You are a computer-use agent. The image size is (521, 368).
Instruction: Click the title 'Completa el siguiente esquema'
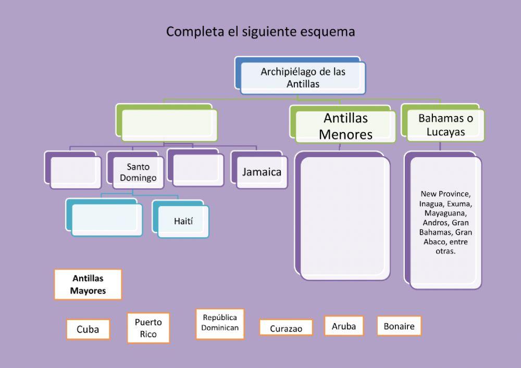(260, 32)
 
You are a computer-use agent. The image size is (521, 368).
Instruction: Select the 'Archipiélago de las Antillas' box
(303, 78)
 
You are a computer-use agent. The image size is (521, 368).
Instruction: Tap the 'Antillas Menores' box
(345, 126)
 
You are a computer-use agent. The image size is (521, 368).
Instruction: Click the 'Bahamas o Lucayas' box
(445, 125)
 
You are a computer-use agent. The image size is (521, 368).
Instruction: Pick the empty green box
(169, 125)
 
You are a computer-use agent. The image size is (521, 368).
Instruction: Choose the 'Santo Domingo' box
(138, 172)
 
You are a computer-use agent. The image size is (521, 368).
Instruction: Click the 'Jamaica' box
(262, 172)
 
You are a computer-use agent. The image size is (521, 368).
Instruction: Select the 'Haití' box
(183, 221)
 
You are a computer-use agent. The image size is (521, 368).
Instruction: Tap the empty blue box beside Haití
(106, 220)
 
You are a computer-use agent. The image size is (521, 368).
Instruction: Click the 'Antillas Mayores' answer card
(88, 284)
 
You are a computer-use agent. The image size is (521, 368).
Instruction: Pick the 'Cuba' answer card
(88, 329)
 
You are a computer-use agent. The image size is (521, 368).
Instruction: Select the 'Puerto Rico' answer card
(148, 328)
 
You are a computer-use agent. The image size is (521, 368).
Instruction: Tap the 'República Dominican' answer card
(220, 323)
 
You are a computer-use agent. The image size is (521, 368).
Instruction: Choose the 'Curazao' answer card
(286, 328)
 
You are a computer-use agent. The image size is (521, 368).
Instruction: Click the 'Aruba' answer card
(344, 326)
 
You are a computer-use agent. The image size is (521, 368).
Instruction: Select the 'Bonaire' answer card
(399, 326)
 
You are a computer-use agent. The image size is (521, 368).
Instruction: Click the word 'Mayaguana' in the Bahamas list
(445, 213)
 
